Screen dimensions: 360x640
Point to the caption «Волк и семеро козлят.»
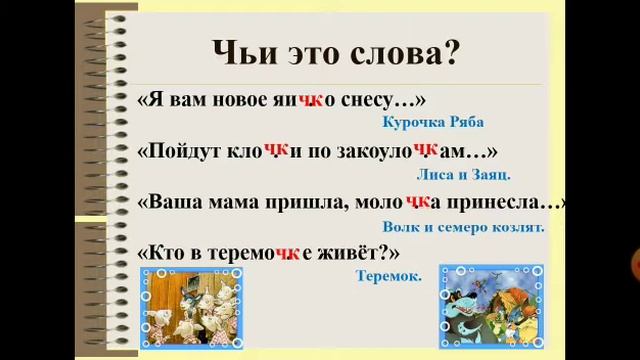[x=463, y=227]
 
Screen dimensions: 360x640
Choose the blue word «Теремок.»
[x=388, y=272]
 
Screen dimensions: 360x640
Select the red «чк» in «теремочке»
[x=288, y=253]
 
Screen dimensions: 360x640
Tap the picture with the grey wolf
[x=492, y=309]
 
